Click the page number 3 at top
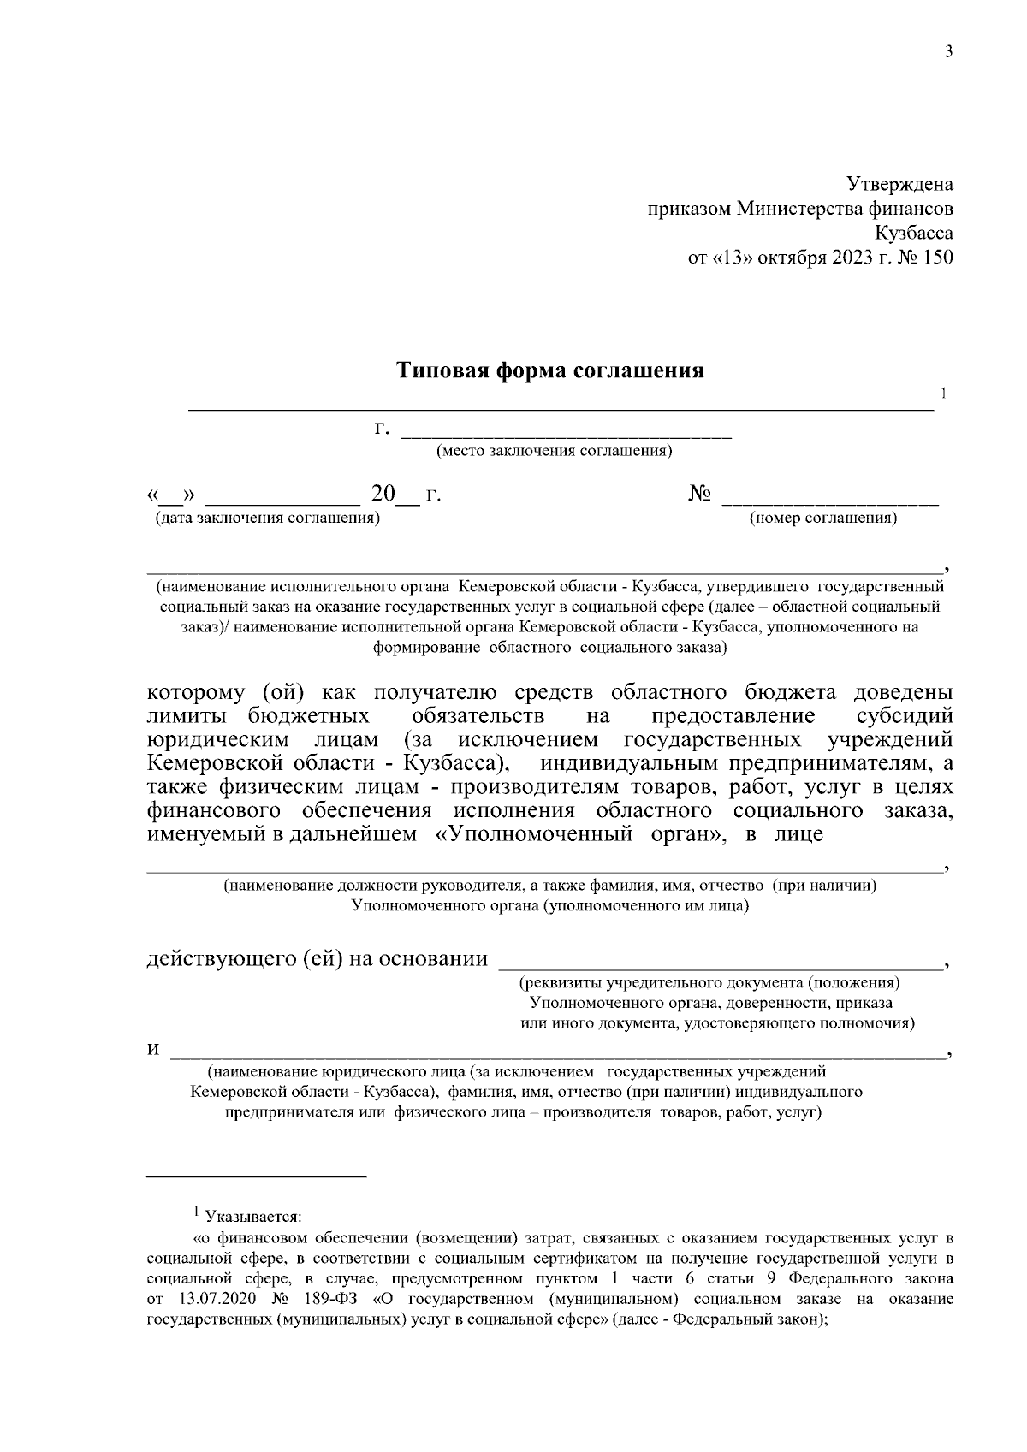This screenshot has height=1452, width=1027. [x=947, y=51]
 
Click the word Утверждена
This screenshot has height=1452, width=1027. [x=899, y=184]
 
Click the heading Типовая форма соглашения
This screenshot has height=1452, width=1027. [x=550, y=371]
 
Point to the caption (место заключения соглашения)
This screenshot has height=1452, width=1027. [x=554, y=451]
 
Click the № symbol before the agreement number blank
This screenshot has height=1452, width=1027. [x=700, y=495]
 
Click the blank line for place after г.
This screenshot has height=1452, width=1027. [x=567, y=436]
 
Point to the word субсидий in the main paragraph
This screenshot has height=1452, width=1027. [x=905, y=714]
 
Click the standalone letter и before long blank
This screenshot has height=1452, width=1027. [x=152, y=1050]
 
